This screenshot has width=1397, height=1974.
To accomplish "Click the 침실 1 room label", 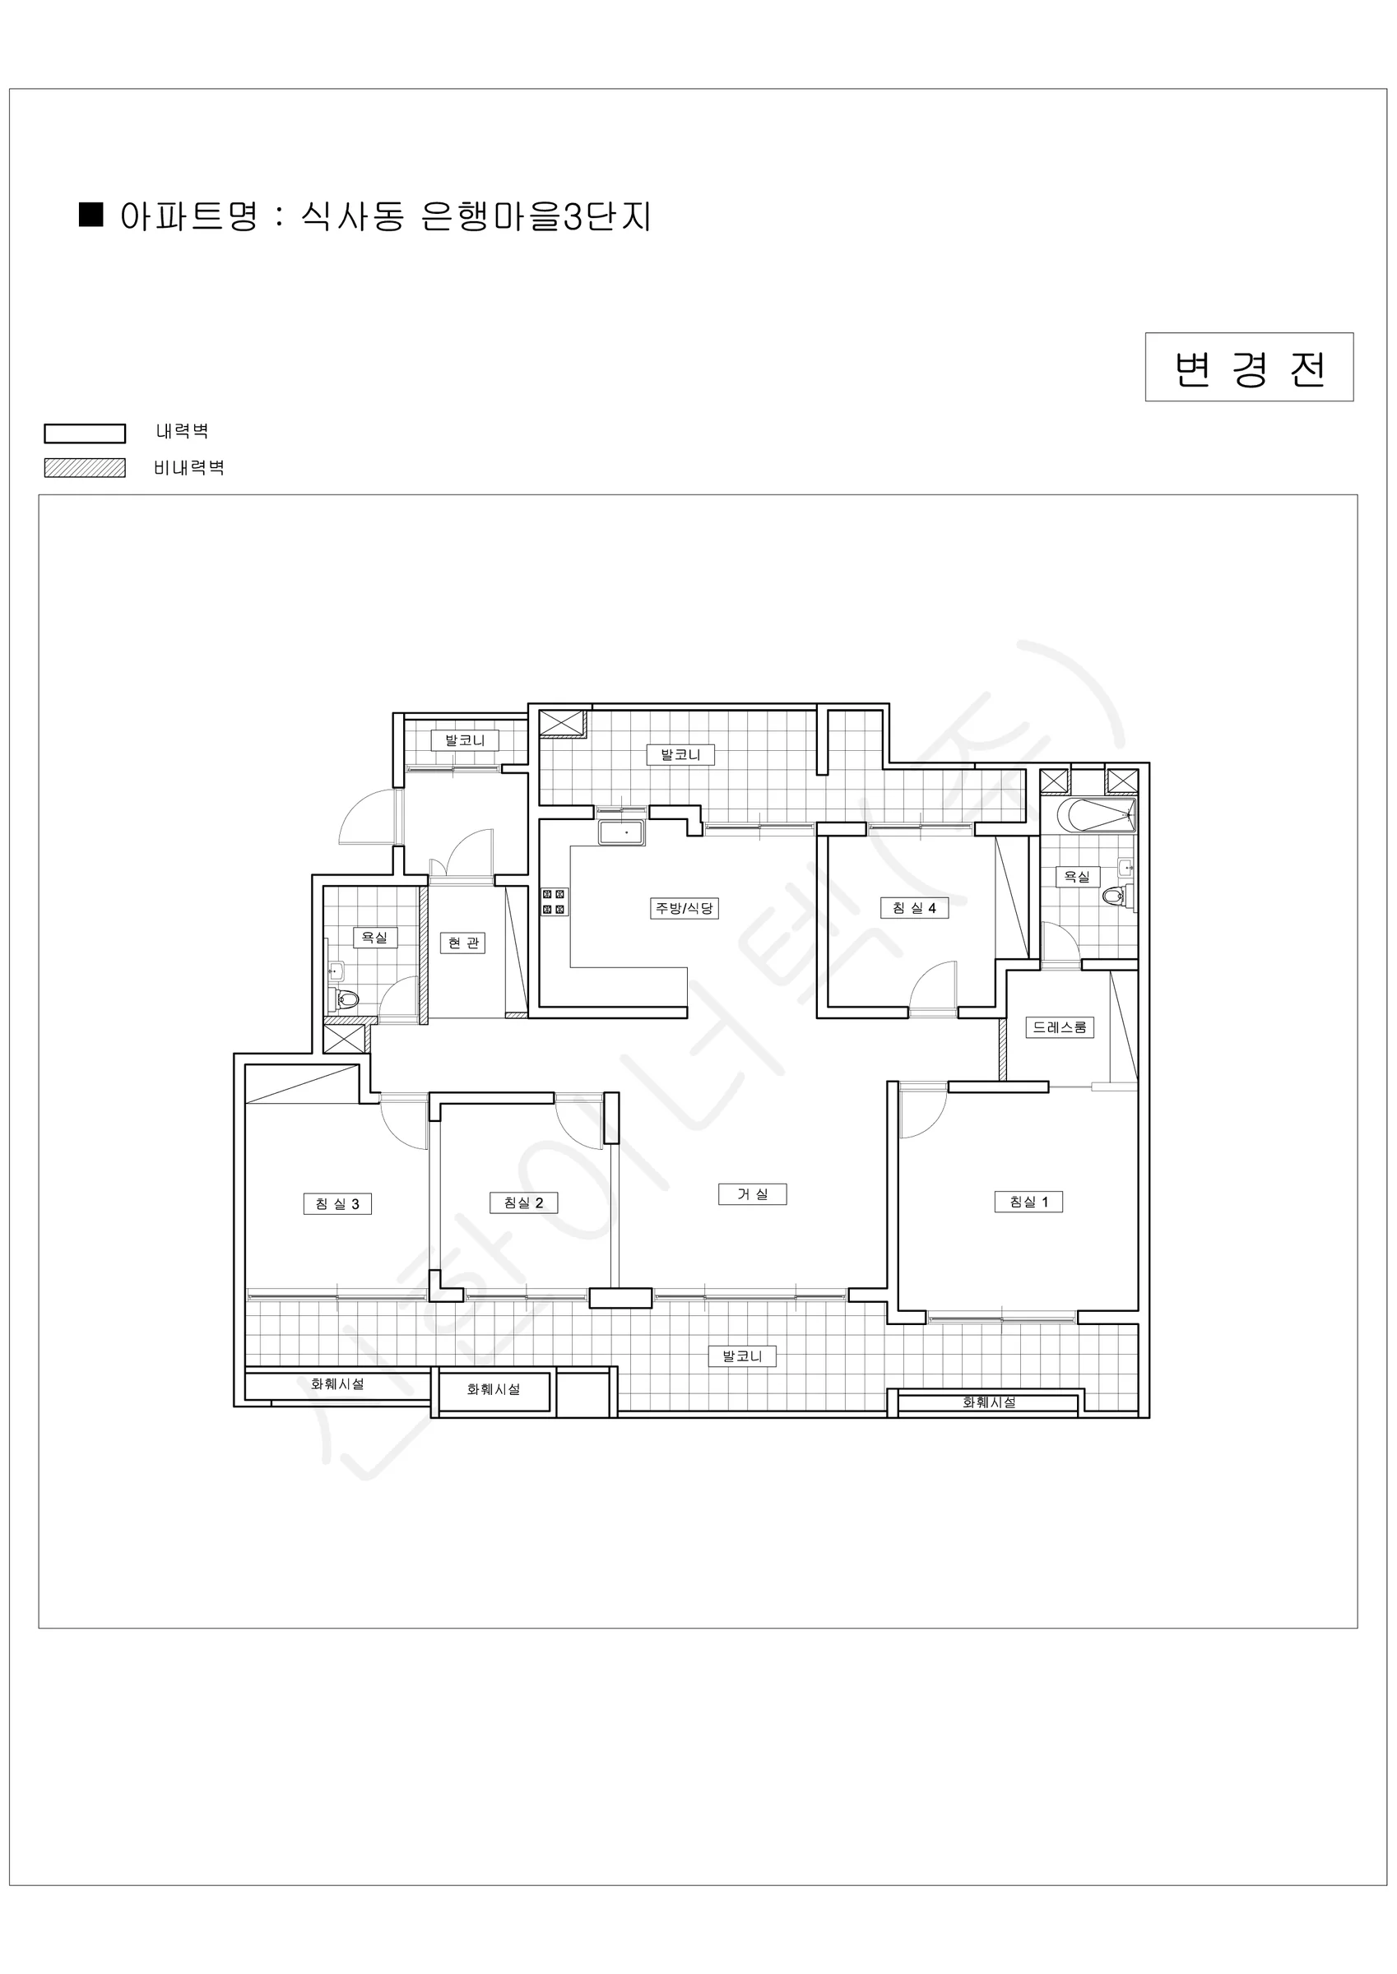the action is click(1028, 1202).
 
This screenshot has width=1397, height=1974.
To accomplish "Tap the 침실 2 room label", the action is click(523, 1202).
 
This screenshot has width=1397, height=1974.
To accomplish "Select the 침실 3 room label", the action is click(337, 1203).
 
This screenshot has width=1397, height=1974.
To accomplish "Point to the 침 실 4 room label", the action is click(913, 908).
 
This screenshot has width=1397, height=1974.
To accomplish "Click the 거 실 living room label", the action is click(752, 1194).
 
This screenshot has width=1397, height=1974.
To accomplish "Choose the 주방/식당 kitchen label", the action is click(684, 908).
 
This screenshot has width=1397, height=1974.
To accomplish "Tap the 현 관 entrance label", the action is click(464, 943).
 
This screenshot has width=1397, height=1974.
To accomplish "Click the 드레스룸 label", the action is click(1060, 1027).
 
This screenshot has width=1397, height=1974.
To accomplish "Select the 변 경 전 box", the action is click(1249, 367).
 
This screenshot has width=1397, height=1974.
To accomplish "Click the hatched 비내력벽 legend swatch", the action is click(86, 468).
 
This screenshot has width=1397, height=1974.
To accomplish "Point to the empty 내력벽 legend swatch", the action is click(86, 433).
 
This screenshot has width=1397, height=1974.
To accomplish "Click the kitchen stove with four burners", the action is click(554, 901).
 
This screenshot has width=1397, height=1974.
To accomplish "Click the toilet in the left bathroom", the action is click(343, 1000).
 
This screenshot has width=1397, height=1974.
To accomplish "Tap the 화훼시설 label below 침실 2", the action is click(493, 1388).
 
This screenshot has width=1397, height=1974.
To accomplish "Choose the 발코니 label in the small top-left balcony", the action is click(465, 740).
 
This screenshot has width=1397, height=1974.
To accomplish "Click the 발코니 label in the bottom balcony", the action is click(742, 1355).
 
